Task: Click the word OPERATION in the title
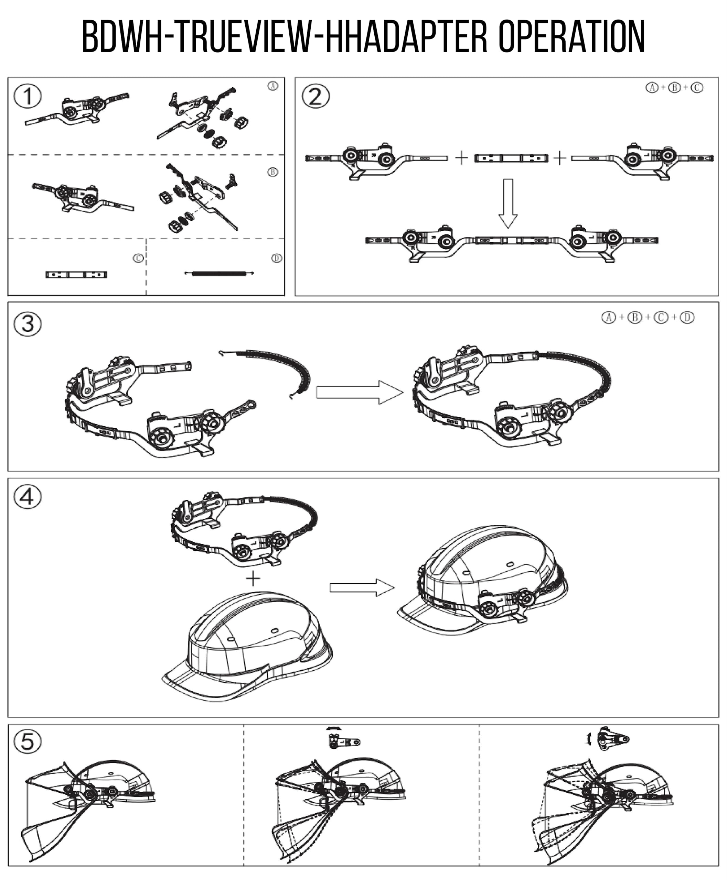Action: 571,37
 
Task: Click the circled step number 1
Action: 28,96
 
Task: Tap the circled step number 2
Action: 316,96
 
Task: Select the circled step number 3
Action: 28,324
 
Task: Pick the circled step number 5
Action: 28,741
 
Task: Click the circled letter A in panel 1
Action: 272,86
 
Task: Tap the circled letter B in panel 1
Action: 272,172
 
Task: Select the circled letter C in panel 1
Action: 138,258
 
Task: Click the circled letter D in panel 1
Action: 276,258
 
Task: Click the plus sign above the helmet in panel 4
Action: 253,579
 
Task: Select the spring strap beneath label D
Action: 220,274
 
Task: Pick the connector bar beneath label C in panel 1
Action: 76,275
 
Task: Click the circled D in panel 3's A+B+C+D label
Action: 687,318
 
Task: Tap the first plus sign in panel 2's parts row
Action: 461,158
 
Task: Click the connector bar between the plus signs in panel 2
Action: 511,158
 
